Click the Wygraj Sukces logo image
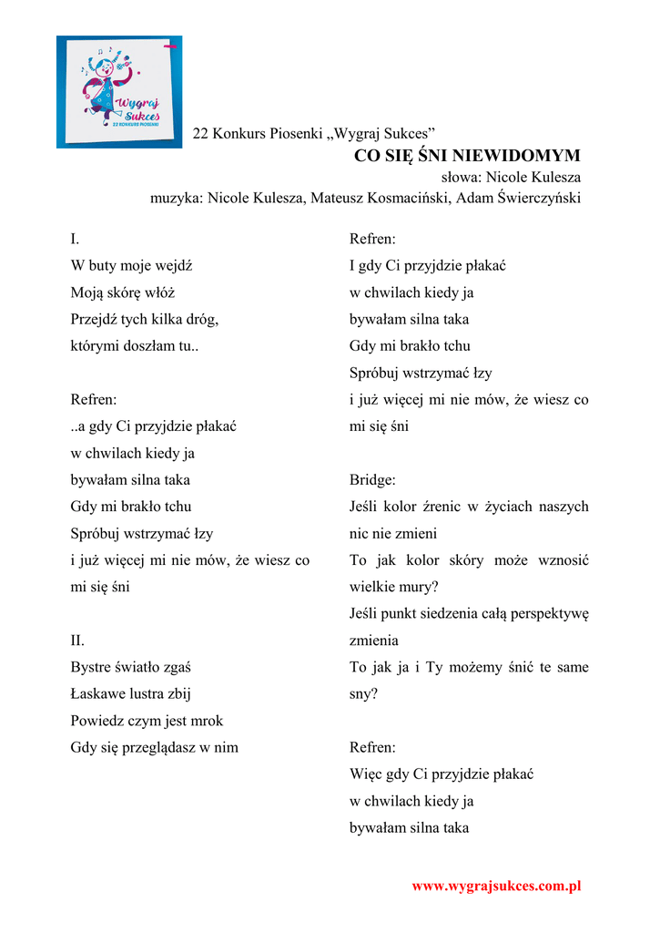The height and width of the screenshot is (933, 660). (118, 91)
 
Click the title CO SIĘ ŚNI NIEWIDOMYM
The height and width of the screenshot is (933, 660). (467, 156)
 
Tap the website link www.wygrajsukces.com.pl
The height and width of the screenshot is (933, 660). (496, 886)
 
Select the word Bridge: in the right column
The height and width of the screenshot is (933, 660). (372, 480)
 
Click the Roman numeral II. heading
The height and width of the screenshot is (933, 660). (77, 641)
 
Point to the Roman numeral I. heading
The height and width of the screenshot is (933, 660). (75, 240)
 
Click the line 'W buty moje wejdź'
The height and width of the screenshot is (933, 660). (131, 266)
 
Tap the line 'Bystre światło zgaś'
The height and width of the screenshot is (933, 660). (130, 667)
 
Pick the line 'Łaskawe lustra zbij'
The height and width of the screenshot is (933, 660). (130, 694)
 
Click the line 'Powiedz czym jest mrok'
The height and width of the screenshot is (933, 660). (147, 721)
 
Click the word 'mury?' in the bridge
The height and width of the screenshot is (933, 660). (419, 587)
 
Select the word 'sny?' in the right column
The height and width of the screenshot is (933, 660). (363, 694)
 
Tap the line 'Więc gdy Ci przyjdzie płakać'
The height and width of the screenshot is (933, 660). (441, 774)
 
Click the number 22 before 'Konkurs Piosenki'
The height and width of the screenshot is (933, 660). (201, 134)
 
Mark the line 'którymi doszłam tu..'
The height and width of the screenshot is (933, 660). (134, 346)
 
